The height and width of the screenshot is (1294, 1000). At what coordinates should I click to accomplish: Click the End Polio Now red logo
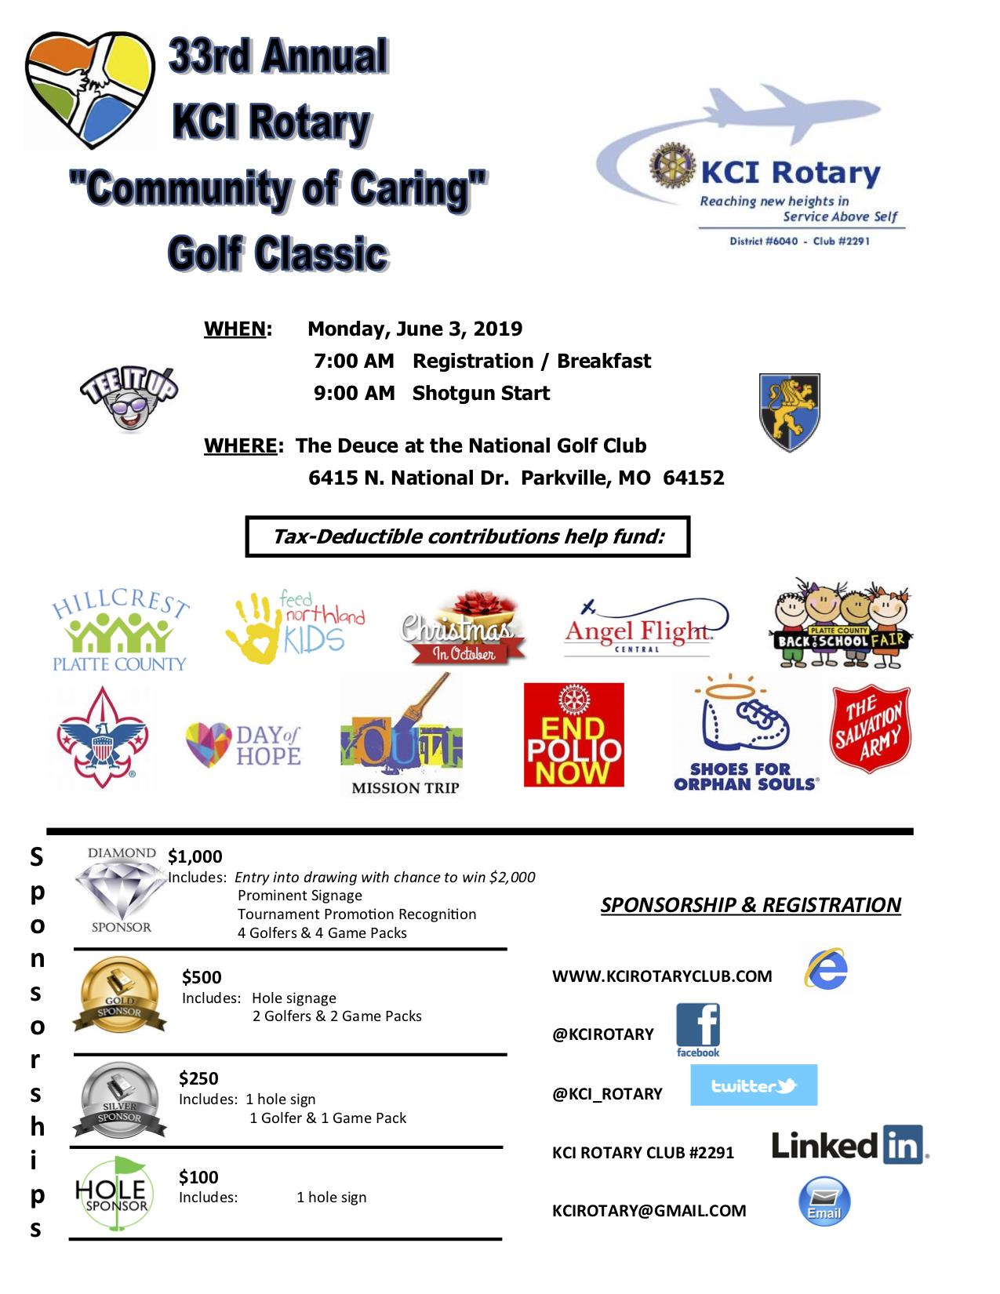click(573, 735)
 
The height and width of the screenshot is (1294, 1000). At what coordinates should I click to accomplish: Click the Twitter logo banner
click(753, 1085)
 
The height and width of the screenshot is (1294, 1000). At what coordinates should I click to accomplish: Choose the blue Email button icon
click(824, 1201)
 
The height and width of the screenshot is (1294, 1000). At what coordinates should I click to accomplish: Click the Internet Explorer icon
click(826, 970)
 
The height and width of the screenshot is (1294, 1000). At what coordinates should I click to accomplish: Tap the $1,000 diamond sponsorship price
click(195, 856)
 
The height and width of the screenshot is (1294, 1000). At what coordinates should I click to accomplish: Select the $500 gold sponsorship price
click(202, 977)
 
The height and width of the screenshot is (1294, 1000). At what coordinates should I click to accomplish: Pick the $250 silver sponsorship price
click(198, 1078)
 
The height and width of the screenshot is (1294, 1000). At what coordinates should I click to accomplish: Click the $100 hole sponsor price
click(198, 1177)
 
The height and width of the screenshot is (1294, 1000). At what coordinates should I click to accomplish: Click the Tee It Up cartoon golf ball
click(129, 398)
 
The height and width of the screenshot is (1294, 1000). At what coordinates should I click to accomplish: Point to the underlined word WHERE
click(240, 445)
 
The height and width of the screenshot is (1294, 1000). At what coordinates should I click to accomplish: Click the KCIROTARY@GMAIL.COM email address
click(649, 1210)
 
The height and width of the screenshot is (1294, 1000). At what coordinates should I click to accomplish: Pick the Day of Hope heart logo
click(243, 745)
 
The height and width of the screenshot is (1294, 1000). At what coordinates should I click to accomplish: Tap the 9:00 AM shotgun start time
click(354, 393)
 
